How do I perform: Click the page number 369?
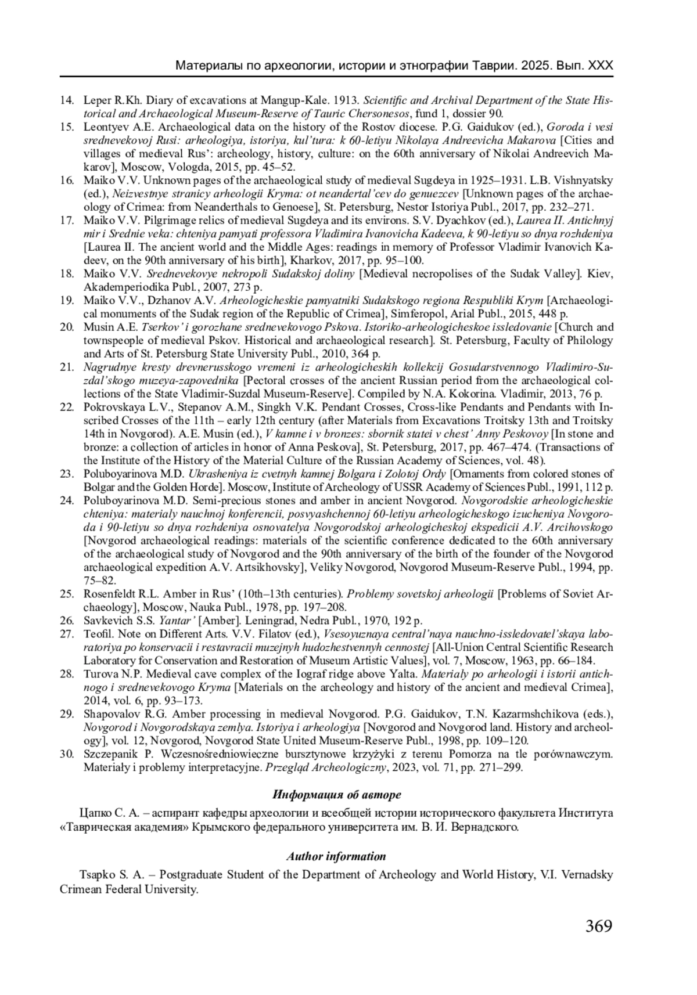[x=599, y=925]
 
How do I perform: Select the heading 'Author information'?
[x=336, y=856]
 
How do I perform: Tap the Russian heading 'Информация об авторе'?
[x=336, y=794]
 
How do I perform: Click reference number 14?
[x=66, y=100]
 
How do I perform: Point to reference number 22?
[x=66, y=407]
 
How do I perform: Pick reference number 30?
[x=66, y=754]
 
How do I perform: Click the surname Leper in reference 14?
[x=97, y=100]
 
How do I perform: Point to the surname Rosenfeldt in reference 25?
[x=109, y=594]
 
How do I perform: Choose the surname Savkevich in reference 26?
[x=107, y=621]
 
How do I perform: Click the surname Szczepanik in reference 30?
[x=111, y=754]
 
